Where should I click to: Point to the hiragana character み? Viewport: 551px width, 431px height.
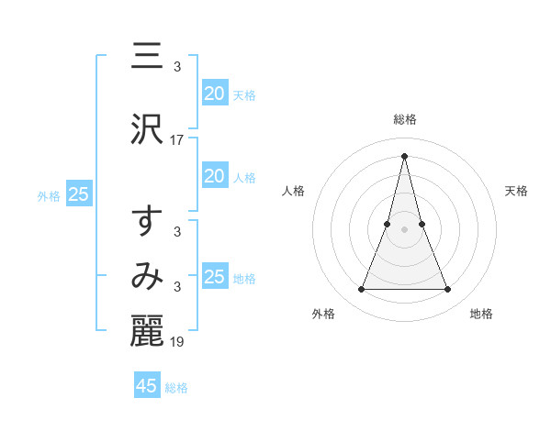point(147,275)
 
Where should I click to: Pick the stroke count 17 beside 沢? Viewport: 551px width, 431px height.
point(177,140)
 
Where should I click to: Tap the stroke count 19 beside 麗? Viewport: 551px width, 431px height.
point(177,343)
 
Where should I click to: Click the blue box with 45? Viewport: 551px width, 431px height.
point(147,386)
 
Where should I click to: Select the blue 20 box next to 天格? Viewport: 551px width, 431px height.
point(215,93)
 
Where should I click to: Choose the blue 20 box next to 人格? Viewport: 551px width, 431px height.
point(215,176)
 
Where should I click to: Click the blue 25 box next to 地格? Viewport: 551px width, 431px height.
point(215,276)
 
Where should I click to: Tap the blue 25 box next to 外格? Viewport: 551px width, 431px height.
point(78,194)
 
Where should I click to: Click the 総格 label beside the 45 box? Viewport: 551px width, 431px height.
point(176,388)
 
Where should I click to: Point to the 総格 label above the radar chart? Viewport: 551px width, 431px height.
point(404,119)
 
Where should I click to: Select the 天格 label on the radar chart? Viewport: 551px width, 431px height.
point(517,191)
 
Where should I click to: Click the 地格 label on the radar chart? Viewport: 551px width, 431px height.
point(481,314)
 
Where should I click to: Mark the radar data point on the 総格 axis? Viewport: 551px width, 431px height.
point(404,156)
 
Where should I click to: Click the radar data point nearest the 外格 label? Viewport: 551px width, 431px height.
point(361,290)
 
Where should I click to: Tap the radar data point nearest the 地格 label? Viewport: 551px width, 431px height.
point(447,290)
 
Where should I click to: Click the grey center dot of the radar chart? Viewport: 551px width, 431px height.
point(404,229)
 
